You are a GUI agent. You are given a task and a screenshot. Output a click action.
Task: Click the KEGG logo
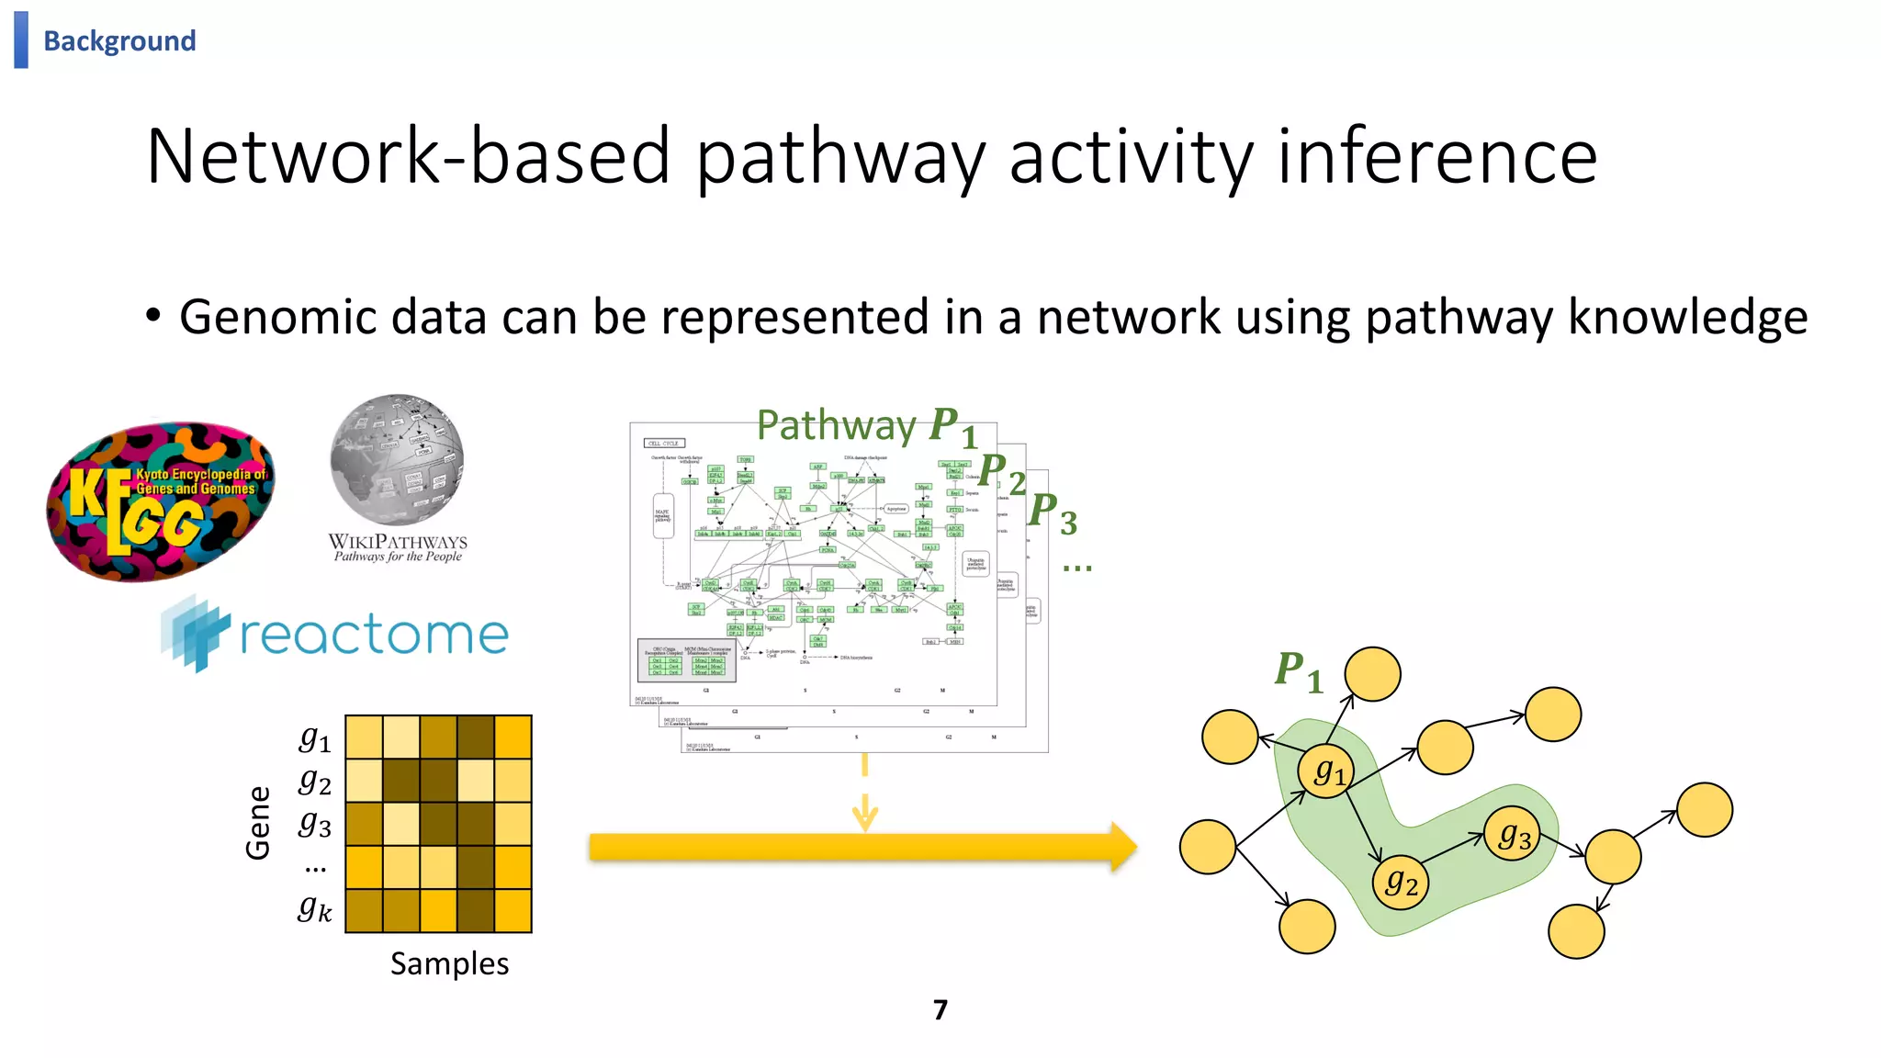coord(161,501)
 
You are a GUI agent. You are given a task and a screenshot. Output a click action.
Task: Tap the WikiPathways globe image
coord(397,459)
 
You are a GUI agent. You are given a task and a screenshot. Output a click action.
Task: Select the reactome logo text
coord(374,635)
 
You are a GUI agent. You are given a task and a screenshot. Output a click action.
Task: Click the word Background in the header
coord(119,41)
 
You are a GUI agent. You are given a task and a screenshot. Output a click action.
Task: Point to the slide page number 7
coord(940,1009)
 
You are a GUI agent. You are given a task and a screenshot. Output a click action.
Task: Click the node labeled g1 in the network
coord(1328,771)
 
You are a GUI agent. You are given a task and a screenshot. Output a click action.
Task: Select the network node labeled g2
coord(1401,884)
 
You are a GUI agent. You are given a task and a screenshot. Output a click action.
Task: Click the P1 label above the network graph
coord(1298,671)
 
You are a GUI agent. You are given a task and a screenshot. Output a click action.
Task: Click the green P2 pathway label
coord(1000,473)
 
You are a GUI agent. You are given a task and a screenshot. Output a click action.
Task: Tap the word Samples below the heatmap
coord(449,963)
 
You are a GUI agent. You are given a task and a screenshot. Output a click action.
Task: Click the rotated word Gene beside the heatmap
coord(258,822)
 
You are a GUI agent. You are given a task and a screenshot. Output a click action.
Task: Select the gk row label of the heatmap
coord(314,908)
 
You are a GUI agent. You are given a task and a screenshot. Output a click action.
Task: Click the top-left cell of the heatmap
coord(364,737)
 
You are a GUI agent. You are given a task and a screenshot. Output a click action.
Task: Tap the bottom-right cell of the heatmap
coord(512,910)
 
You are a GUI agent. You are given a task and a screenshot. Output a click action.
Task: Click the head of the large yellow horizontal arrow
coord(1122,847)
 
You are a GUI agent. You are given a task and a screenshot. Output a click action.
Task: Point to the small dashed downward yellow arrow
coord(864,794)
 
